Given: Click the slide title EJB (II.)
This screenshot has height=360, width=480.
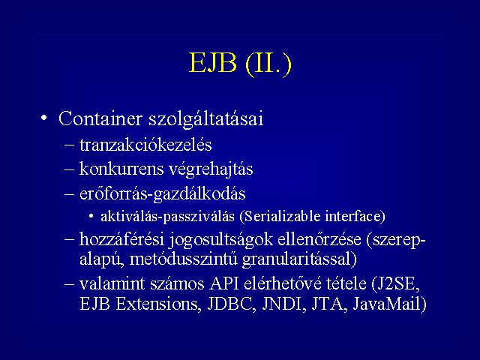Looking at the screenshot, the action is pyautogui.click(x=240, y=64).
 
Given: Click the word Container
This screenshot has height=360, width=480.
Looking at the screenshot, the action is pyautogui.click(x=100, y=118).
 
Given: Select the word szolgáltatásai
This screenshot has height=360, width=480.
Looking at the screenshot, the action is pyautogui.click(x=206, y=118).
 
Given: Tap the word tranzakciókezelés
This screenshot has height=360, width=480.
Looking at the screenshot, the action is pyautogui.click(x=145, y=144).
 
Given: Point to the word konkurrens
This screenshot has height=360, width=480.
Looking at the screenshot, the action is pyautogui.click(x=121, y=169).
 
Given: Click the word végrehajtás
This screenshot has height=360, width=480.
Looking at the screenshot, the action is pyautogui.click(x=211, y=169).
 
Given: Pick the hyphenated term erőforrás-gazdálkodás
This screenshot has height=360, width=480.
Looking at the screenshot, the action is pyautogui.click(x=162, y=194).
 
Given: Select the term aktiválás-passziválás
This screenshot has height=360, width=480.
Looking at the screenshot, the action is pyautogui.click(x=167, y=217).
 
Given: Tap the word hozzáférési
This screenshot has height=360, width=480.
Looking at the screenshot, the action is pyautogui.click(x=121, y=239).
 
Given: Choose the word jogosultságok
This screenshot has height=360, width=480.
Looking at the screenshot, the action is pyautogui.click(x=220, y=240).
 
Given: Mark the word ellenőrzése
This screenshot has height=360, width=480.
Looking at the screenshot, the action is pyautogui.click(x=319, y=239).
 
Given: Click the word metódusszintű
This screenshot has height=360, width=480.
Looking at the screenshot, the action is pyautogui.click(x=183, y=259).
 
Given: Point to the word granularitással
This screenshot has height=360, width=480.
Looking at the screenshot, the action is pyautogui.click(x=299, y=259).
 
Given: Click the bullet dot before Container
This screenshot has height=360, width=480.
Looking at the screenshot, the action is pyautogui.click(x=44, y=118).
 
